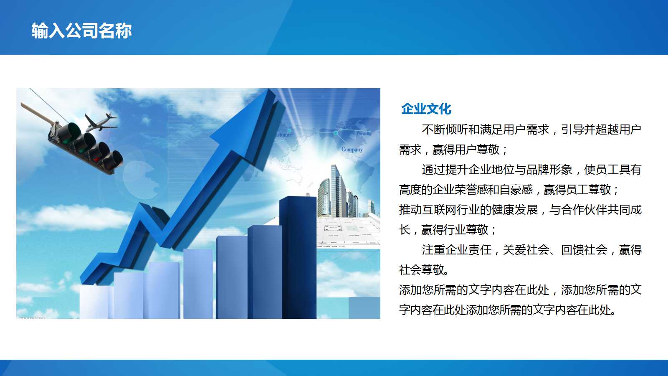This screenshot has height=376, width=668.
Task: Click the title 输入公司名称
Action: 82,31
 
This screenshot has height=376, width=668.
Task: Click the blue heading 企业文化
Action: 426,109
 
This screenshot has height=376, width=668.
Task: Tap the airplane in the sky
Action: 100,121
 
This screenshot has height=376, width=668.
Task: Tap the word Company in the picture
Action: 352,149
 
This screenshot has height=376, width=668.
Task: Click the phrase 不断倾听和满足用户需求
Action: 485,130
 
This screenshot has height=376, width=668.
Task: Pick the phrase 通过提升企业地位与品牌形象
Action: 497,170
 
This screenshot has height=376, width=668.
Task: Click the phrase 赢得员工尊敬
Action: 577,190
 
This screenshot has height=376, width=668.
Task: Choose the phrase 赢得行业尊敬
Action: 455,230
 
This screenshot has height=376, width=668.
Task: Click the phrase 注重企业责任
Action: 456,250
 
